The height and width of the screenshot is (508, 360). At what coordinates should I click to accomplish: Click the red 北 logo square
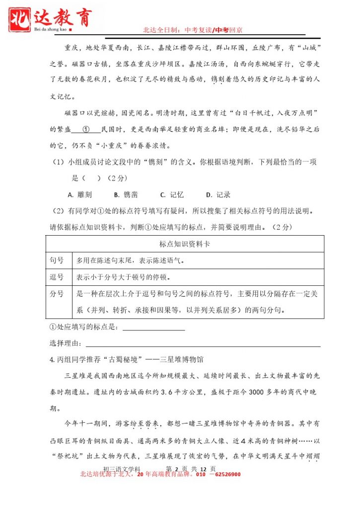[x=20, y=18]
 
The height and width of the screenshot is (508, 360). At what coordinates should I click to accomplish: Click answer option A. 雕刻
[x=79, y=195]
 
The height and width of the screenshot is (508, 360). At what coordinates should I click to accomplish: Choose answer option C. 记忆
[x=172, y=195]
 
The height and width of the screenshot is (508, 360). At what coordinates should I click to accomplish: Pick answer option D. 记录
[x=218, y=195]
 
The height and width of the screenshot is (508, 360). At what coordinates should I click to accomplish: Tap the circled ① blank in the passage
[x=85, y=129]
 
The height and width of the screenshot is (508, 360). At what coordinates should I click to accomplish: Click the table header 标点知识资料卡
[x=185, y=244]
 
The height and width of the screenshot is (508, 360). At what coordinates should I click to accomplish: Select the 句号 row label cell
[x=57, y=260]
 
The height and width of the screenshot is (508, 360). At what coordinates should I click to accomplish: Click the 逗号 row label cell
[x=57, y=277]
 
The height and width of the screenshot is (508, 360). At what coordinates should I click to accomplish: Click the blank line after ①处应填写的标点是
[x=153, y=327]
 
